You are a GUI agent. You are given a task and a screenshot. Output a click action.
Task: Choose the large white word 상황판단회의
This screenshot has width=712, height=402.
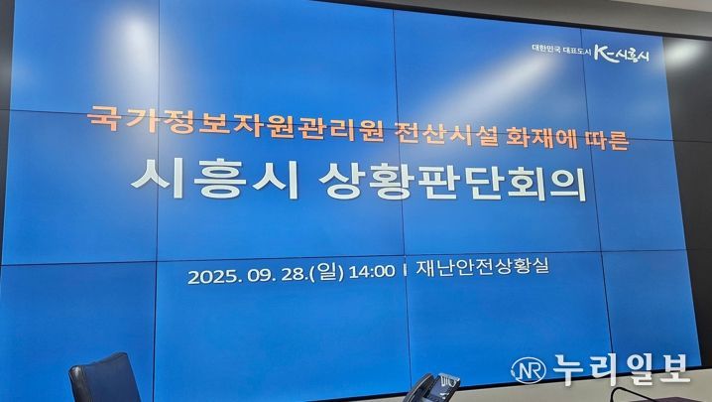click(452, 182)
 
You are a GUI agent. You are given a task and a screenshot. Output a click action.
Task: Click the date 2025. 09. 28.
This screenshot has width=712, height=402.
click(247, 275)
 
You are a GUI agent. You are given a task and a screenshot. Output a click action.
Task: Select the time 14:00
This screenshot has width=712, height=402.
click(372, 271)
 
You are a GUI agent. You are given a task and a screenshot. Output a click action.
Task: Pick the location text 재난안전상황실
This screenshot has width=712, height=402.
click(482, 266)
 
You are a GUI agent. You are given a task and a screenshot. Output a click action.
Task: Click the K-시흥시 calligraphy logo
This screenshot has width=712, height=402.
click(622, 55)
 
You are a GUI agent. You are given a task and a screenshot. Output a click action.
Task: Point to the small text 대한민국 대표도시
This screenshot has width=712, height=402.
click(561, 50)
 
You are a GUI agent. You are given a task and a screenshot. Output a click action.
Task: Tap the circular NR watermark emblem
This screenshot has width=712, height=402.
click(529, 370)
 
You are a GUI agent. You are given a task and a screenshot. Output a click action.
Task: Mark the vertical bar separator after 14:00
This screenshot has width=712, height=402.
click(405, 271)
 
